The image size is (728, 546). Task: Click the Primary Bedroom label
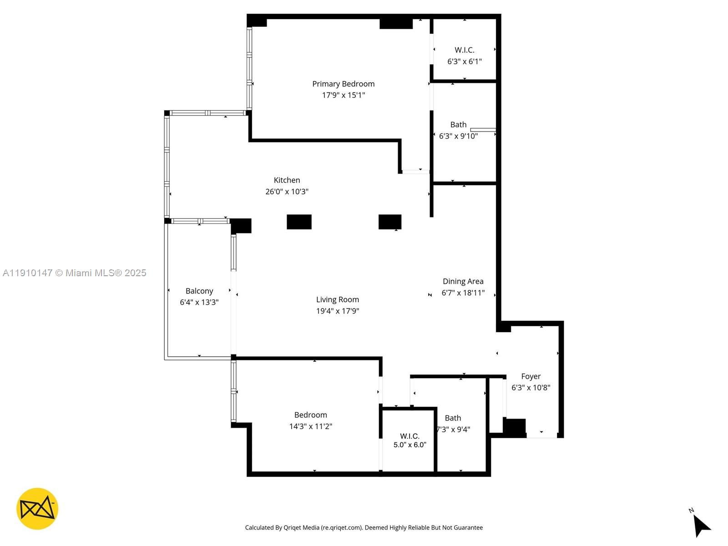[x=343, y=84]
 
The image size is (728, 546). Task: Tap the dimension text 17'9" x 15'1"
[x=343, y=95]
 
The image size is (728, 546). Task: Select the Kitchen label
[x=287, y=180]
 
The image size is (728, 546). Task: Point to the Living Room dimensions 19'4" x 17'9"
[x=337, y=311]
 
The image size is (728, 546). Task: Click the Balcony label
[x=199, y=291]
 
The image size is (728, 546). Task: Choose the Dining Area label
[x=463, y=281]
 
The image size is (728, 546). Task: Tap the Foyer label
[x=531, y=376]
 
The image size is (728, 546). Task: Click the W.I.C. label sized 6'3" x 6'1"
[x=464, y=50]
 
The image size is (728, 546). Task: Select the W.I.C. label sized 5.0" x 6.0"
[x=409, y=436]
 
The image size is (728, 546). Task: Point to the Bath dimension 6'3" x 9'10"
[x=458, y=136]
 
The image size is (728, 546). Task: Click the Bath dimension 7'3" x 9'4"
[x=453, y=429]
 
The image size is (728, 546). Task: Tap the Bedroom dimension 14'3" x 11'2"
[x=310, y=426]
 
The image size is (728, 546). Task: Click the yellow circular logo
[x=37, y=509]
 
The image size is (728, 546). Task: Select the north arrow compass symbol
[x=701, y=525]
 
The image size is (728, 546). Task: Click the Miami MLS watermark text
[x=75, y=273]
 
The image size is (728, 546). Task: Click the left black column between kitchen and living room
[x=299, y=222]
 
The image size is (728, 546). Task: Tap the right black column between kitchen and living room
[x=390, y=222]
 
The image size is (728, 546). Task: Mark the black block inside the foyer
[x=514, y=428]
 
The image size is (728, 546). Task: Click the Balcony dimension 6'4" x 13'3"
[x=199, y=302]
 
